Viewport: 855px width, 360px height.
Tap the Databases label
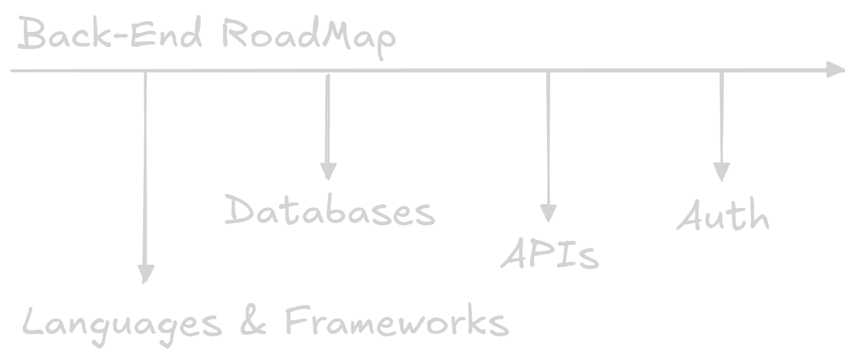pyautogui.click(x=330, y=211)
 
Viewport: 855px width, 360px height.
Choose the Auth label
pyautogui.click(x=723, y=216)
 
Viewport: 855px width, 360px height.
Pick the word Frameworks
pyautogui.click(x=396, y=322)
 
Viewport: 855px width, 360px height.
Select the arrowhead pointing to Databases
pyautogui.click(x=328, y=170)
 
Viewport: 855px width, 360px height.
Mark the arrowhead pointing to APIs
pyautogui.click(x=548, y=213)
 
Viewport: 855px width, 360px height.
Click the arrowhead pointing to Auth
pyautogui.click(x=721, y=172)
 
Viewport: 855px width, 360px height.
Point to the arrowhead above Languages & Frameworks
pyautogui.click(x=145, y=273)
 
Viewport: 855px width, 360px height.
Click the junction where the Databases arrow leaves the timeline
pyautogui.click(x=328, y=71)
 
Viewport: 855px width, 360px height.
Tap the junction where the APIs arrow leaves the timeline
pyautogui.click(x=548, y=71)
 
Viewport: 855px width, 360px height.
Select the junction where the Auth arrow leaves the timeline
pyautogui.click(x=721, y=71)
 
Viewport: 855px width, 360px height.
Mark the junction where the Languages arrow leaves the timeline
pyautogui.click(x=145, y=71)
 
